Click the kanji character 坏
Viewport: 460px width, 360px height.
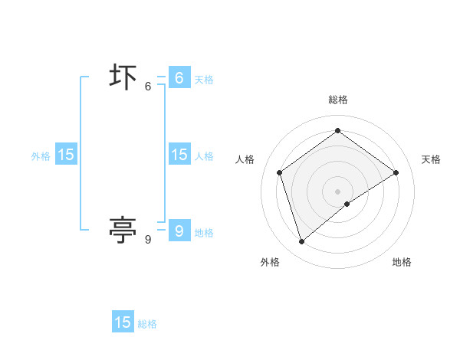(x=123, y=79)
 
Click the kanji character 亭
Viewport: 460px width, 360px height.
(x=123, y=228)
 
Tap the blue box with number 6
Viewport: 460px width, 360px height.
(x=179, y=78)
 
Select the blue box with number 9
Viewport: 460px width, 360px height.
(x=179, y=230)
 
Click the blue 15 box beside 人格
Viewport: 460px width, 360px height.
(x=179, y=154)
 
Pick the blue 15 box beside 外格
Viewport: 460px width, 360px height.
(x=66, y=154)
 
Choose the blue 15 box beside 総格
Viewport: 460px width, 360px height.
(x=123, y=322)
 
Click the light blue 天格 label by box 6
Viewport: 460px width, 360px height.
(x=204, y=80)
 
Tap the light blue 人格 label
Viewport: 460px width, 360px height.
(x=204, y=156)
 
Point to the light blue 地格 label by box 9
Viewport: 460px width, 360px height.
(x=204, y=233)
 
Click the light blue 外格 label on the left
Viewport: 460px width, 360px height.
(x=41, y=156)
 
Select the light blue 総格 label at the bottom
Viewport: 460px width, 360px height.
(x=147, y=325)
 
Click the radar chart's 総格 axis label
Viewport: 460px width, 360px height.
(x=338, y=100)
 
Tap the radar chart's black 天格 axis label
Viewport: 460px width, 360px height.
(x=431, y=159)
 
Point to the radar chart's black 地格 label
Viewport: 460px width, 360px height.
(x=402, y=262)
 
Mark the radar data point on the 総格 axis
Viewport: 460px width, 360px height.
(x=338, y=130)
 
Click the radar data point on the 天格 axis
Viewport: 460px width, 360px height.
(x=396, y=172)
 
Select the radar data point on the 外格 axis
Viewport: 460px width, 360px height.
(x=302, y=242)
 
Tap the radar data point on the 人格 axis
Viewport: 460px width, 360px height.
(x=280, y=172)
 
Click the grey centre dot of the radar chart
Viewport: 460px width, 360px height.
(x=338, y=191)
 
